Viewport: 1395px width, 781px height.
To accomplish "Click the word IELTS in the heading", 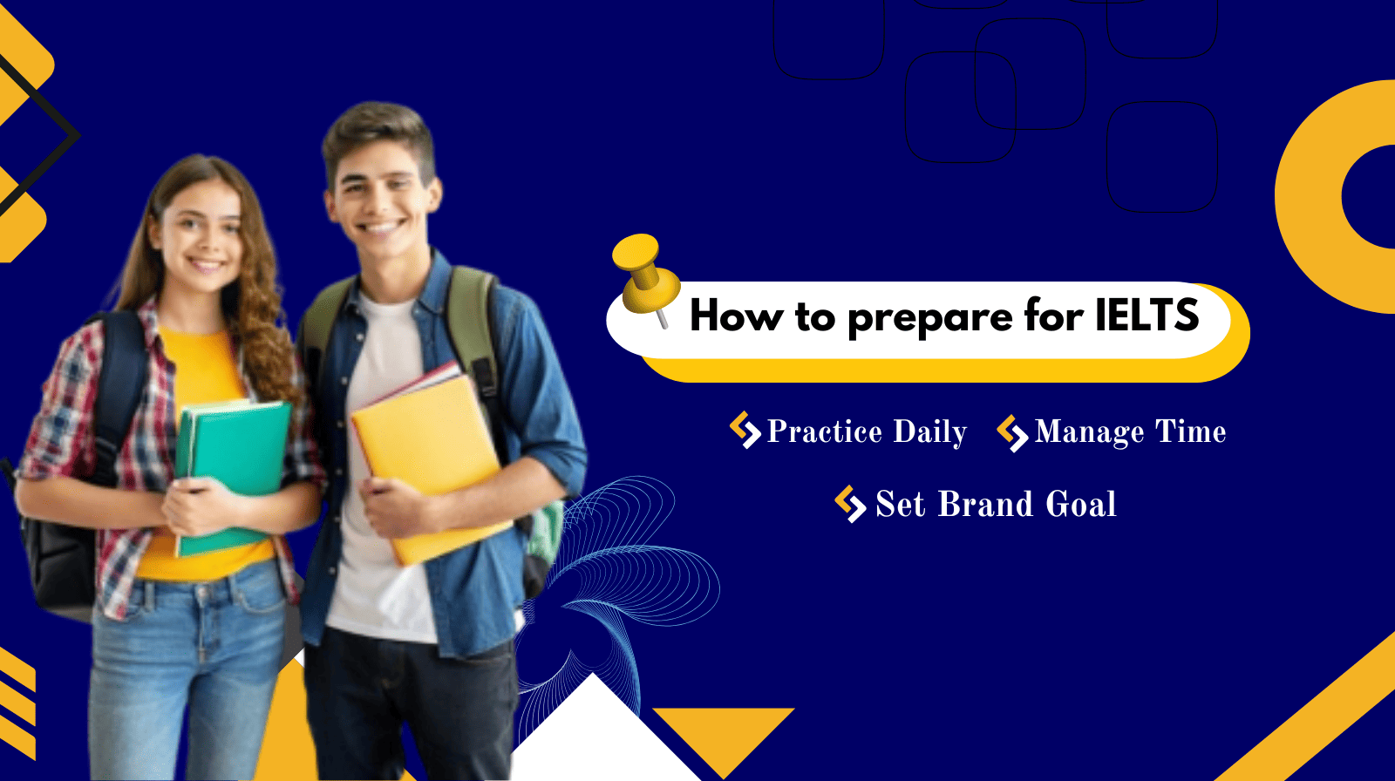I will point(1147,316).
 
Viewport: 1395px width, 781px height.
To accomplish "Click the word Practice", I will point(824,431).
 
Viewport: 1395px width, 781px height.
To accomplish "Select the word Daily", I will point(929,432).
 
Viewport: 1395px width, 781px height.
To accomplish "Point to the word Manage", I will point(1089,432).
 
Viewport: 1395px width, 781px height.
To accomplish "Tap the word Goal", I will point(1080,505).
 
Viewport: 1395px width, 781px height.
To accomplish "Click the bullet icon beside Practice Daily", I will point(745,430).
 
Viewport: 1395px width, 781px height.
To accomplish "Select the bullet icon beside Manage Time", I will point(1012,432).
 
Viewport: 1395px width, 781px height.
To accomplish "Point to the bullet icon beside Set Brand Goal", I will point(849,504).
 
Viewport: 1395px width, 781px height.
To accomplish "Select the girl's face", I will point(201,231).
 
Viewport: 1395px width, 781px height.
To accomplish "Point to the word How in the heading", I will point(736,316).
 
